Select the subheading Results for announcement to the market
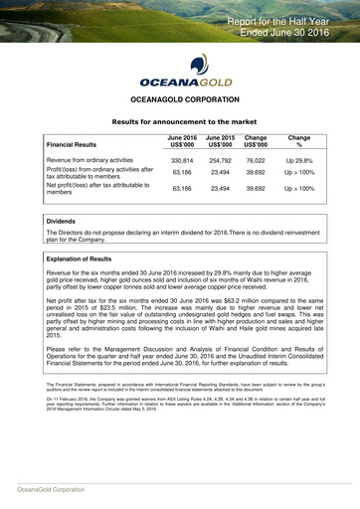(x=180, y=120)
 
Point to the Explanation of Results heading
(x=86, y=258)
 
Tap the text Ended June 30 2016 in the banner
(x=297, y=33)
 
